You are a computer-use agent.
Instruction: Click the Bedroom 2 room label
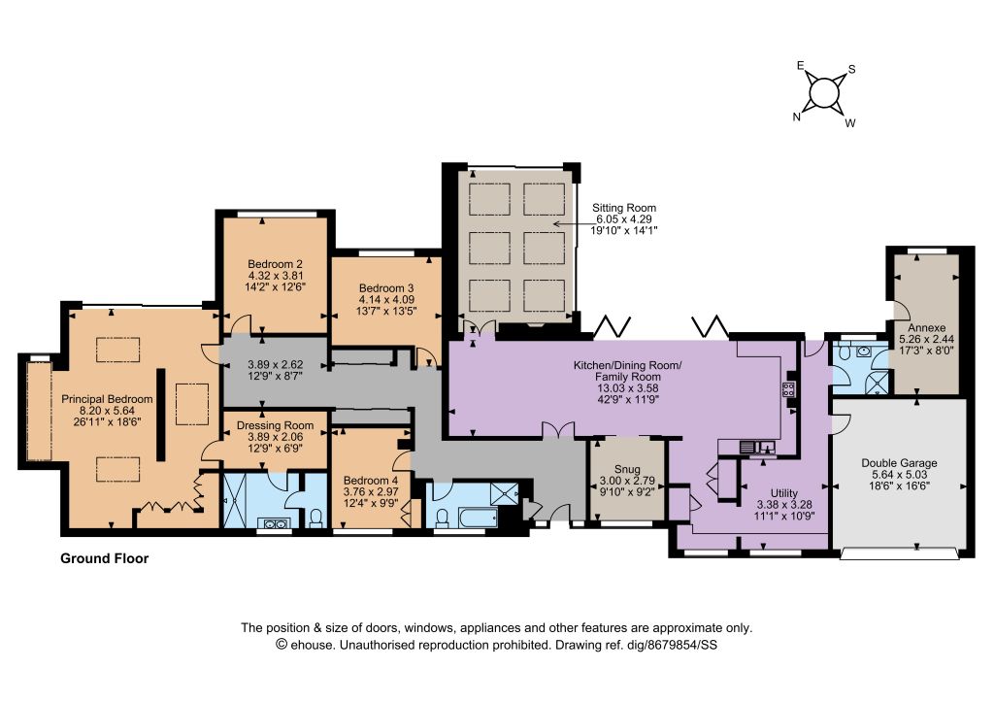click(275, 264)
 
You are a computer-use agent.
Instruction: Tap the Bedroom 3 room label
click(386, 288)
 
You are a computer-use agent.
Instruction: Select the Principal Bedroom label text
click(107, 399)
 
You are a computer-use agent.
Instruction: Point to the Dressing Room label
click(275, 426)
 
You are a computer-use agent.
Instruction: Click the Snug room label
click(627, 470)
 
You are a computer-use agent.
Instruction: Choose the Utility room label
click(784, 493)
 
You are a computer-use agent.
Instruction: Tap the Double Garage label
click(899, 463)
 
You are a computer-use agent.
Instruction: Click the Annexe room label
click(926, 328)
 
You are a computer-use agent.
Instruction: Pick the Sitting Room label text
click(624, 208)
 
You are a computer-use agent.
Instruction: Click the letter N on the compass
click(797, 117)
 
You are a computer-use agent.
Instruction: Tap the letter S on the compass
click(852, 70)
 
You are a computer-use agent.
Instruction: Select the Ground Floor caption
click(105, 558)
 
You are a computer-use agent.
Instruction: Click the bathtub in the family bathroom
click(476, 517)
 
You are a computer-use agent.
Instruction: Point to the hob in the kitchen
click(788, 389)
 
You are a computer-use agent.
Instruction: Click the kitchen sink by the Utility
click(758, 447)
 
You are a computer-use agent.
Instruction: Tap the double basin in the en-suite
click(275, 523)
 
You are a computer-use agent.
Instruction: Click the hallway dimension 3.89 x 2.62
click(275, 365)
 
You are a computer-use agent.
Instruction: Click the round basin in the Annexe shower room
click(863, 351)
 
